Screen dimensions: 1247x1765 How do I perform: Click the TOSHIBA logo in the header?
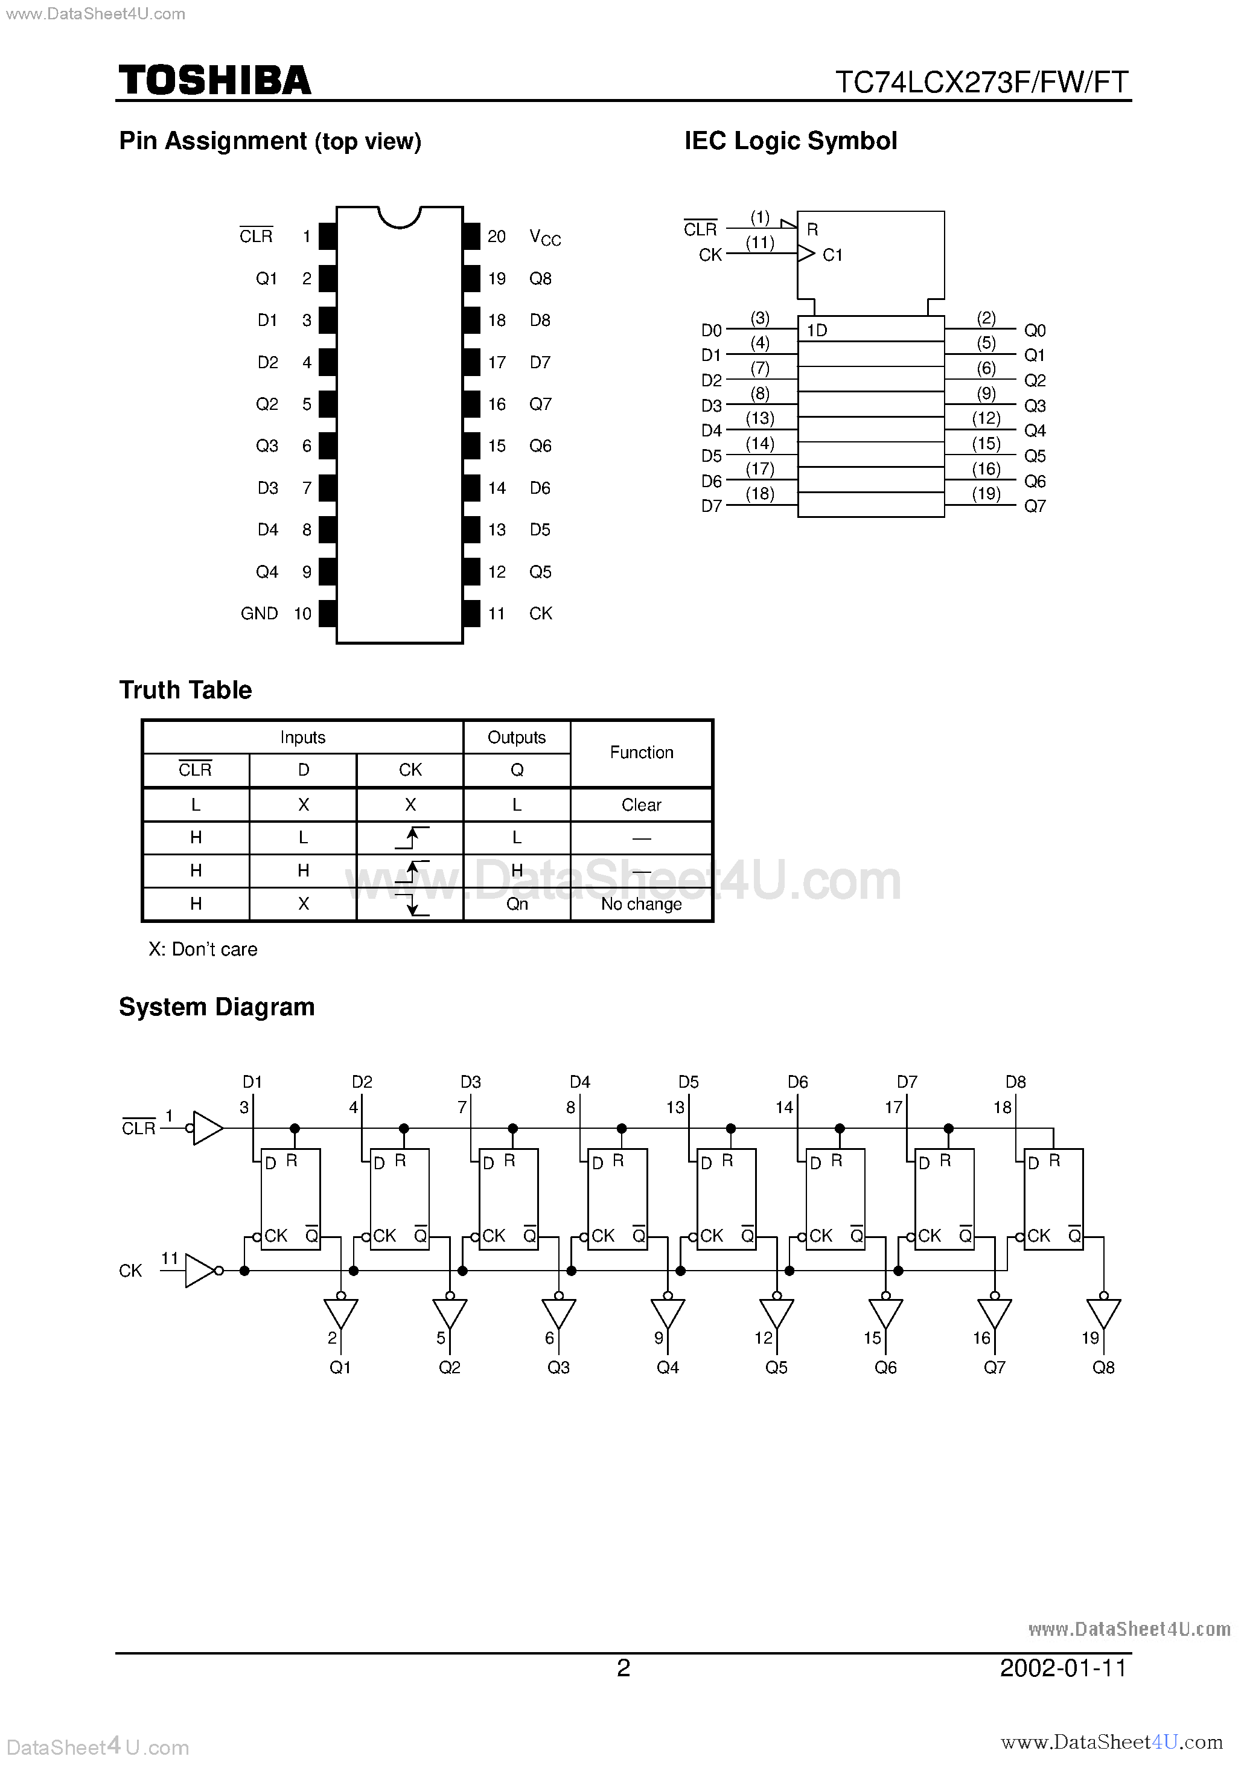pyautogui.click(x=214, y=81)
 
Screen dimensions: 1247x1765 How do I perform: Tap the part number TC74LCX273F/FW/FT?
pyautogui.click(x=983, y=82)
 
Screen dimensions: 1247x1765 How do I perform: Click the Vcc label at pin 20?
pyautogui.click(x=545, y=238)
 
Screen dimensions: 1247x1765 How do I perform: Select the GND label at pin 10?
pyautogui.click(x=259, y=613)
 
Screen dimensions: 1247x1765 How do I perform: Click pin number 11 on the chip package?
pyautogui.click(x=497, y=613)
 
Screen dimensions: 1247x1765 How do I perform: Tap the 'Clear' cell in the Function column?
pyautogui.click(x=641, y=805)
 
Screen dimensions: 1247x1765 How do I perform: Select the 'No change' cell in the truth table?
pyautogui.click(x=641, y=904)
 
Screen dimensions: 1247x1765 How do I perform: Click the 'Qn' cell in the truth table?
pyautogui.click(x=517, y=904)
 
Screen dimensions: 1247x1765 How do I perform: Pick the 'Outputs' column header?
pyautogui.click(x=517, y=737)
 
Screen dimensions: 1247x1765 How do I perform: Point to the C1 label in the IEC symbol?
pyautogui.click(x=832, y=255)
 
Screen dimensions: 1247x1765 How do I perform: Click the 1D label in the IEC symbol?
pyautogui.click(x=817, y=331)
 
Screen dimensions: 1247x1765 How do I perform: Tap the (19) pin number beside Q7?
pyautogui.click(x=986, y=494)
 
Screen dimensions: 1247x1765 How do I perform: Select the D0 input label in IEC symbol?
pyautogui.click(x=711, y=331)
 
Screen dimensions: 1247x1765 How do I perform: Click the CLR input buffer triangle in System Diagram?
pyautogui.click(x=208, y=1128)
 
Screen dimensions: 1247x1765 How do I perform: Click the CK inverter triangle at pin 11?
pyautogui.click(x=200, y=1271)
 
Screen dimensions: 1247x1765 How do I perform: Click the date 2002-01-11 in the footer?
pyautogui.click(x=1064, y=1668)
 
